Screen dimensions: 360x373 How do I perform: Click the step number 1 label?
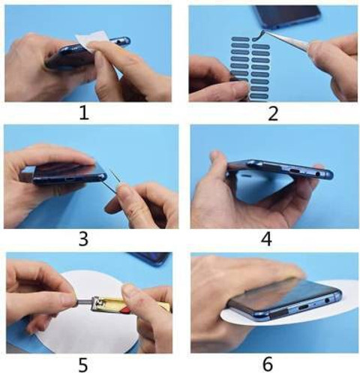tap(84, 113)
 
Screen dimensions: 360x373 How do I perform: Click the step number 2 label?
tap(273, 113)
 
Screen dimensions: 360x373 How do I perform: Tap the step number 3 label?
tap(83, 239)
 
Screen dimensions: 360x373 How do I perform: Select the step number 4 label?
tap(266, 239)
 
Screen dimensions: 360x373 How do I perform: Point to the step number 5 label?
tap(83, 365)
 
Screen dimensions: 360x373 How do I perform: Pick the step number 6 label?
tap(268, 364)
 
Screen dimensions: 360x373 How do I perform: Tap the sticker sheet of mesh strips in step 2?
tap(250, 67)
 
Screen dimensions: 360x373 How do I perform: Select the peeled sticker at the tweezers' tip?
tap(257, 36)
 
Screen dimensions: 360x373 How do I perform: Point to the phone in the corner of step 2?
tap(286, 17)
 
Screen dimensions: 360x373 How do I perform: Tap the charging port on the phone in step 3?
tap(70, 179)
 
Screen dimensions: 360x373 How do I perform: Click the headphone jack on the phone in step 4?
tap(318, 173)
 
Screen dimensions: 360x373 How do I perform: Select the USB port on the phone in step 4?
tap(295, 172)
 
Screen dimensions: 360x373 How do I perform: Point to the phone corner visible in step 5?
tap(150, 259)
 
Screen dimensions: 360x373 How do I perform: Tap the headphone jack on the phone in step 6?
tap(327, 299)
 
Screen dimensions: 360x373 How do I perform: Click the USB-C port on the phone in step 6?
tap(301, 306)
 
